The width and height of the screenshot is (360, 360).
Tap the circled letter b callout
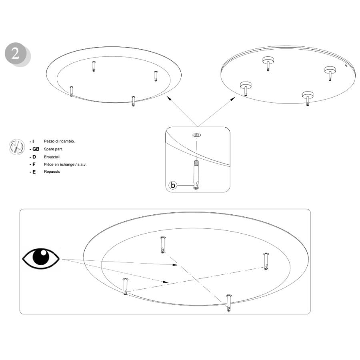tap(173, 185)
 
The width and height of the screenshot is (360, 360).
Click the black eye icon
tap(41, 258)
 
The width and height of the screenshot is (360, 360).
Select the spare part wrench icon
tap(16, 147)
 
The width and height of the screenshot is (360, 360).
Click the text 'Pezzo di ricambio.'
tap(59, 142)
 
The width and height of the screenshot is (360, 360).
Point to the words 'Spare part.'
tap(53, 149)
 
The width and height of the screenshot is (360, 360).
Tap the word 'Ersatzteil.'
tap(52, 157)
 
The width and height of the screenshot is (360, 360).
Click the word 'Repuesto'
tap(52, 172)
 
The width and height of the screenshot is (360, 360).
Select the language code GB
tap(36, 149)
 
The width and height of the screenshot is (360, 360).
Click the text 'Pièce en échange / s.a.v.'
tap(65, 164)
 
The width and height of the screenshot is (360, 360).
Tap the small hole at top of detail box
tap(196, 135)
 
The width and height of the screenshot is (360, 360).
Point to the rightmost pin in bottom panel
tap(266, 261)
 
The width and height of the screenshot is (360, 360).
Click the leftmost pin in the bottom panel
tap(125, 286)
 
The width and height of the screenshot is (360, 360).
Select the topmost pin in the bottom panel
tap(162, 245)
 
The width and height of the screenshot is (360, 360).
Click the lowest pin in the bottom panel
tap(228, 303)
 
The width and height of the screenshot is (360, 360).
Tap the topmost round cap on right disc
tap(268, 60)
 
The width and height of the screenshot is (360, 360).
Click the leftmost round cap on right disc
tap(246, 85)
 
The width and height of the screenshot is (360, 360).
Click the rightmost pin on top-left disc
tap(156, 76)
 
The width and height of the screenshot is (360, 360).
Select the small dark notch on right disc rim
tap(346, 66)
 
